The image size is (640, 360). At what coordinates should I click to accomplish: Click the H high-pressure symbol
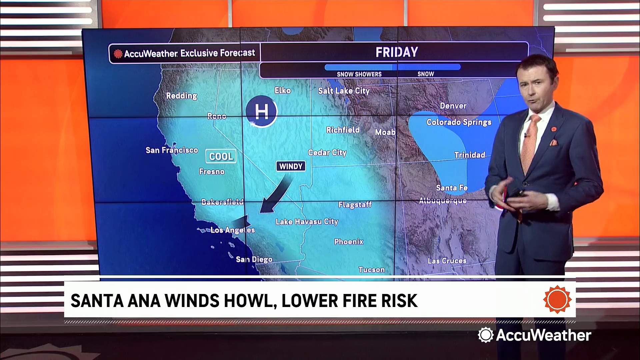click(x=261, y=111)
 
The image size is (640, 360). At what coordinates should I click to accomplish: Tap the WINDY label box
click(x=291, y=166)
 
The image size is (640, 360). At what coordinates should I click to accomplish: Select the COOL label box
click(x=221, y=156)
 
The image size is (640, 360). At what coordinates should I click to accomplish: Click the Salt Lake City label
click(x=344, y=91)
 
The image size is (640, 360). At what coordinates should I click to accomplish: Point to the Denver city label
click(x=453, y=106)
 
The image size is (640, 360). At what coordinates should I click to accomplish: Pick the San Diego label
click(x=254, y=259)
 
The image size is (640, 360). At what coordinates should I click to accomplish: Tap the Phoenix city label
click(x=349, y=242)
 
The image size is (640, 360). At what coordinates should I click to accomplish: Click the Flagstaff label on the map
click(x=355, y=204)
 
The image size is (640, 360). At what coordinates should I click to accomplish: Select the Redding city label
click(x=182, y=96)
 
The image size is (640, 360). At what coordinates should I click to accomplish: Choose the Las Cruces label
click(x=447, y=261)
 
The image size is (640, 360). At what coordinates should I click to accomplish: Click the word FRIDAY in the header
click(x=397, y=52)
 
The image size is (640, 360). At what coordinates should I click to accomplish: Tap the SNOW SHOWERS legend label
click(x=359, y=74)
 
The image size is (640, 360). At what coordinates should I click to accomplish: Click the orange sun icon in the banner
click(x=557, y=299)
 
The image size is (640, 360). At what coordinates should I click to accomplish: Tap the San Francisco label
click(x=172, y=150)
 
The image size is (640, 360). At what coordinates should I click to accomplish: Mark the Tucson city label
click(x=371, y=270)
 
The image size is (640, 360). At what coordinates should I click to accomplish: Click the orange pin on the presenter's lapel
click(x=554, y=129)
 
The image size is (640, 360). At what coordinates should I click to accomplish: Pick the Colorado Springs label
click(x=459, y=122)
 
